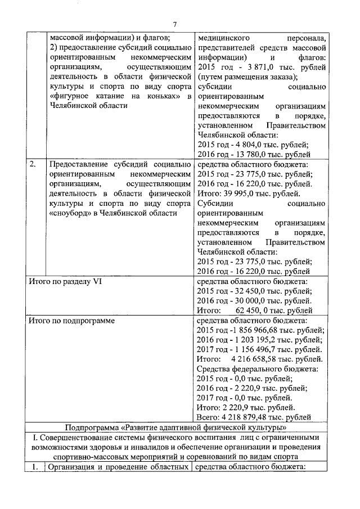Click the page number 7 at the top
[175, 24]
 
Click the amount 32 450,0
[253, 291]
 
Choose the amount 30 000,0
[253, 300]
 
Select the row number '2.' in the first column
[34, 164]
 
